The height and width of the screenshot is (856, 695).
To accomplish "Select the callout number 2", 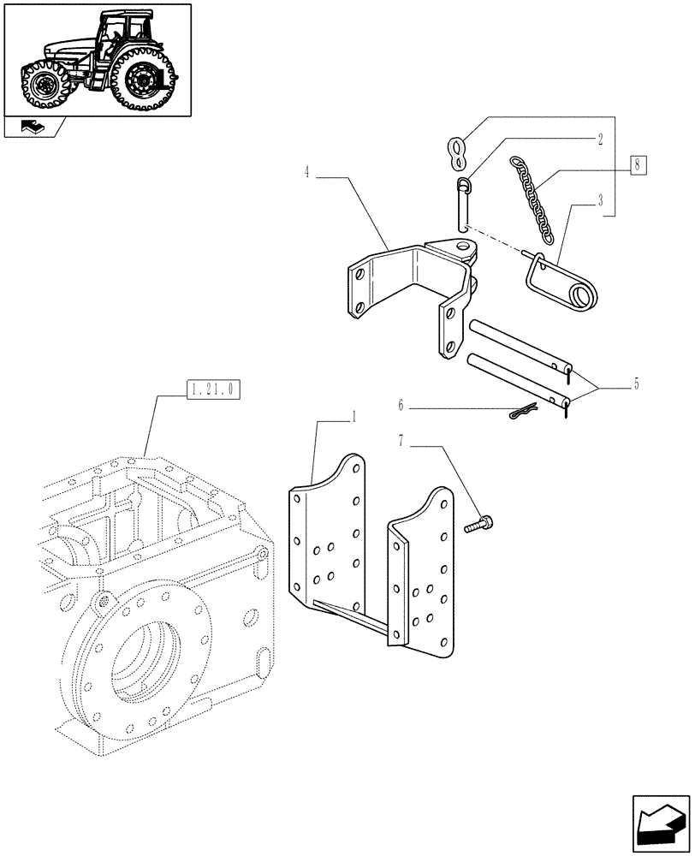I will point(601,137).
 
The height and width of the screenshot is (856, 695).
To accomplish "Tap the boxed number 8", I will point(638,164).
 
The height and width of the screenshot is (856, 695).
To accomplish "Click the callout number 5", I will point(635,383).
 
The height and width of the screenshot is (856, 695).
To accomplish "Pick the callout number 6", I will point(401,404).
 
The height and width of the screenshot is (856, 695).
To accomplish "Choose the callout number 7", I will point(401,441).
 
